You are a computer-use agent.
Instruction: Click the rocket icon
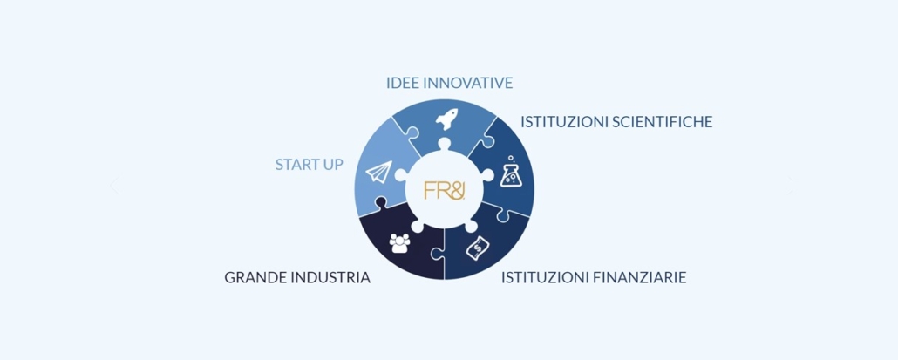(x=446, y=119)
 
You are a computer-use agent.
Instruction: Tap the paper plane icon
(x=378, y=172)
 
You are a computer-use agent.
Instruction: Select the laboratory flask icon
(x=511, y=172)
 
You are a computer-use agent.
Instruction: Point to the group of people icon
(x=400, y=243)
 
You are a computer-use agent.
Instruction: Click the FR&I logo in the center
(x=445, y=190)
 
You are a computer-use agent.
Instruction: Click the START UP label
(x=310, y=165)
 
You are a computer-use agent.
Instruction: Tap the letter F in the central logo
(x=428, y=190)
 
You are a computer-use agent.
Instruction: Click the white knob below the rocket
(x=445, y=144)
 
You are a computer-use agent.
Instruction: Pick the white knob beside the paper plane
(x=401, y=176)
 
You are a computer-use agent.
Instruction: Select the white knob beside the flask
(x=487, y=176)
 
